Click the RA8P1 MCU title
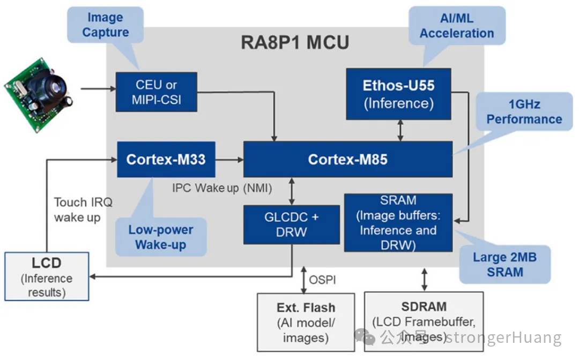tap(295, 43)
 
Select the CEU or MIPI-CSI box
tap(156, 92)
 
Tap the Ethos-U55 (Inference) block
tap(398, 94)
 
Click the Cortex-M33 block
tap(166, 159)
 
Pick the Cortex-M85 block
tap(347, 159)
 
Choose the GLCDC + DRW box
tap(291, 224)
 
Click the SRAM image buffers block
tap(398, 223)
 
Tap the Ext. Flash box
tap(306, 322)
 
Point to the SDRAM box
tap(424, 321)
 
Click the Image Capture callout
tap(105, 25)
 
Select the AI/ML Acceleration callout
tap(456, 25)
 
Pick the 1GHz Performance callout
tap(524, 111)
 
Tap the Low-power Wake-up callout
tap(160, 237)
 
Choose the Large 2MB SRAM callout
tap(504, 264)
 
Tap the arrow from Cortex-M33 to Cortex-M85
tap(229, 159)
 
